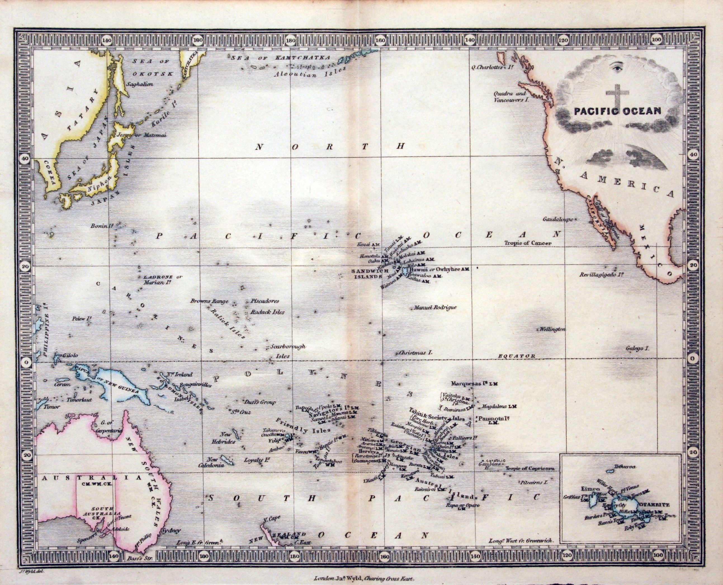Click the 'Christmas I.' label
[415, 353]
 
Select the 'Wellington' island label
[552, 329]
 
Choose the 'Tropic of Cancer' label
[528, 243]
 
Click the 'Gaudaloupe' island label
[558, 219]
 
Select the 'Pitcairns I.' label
[535, 482]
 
